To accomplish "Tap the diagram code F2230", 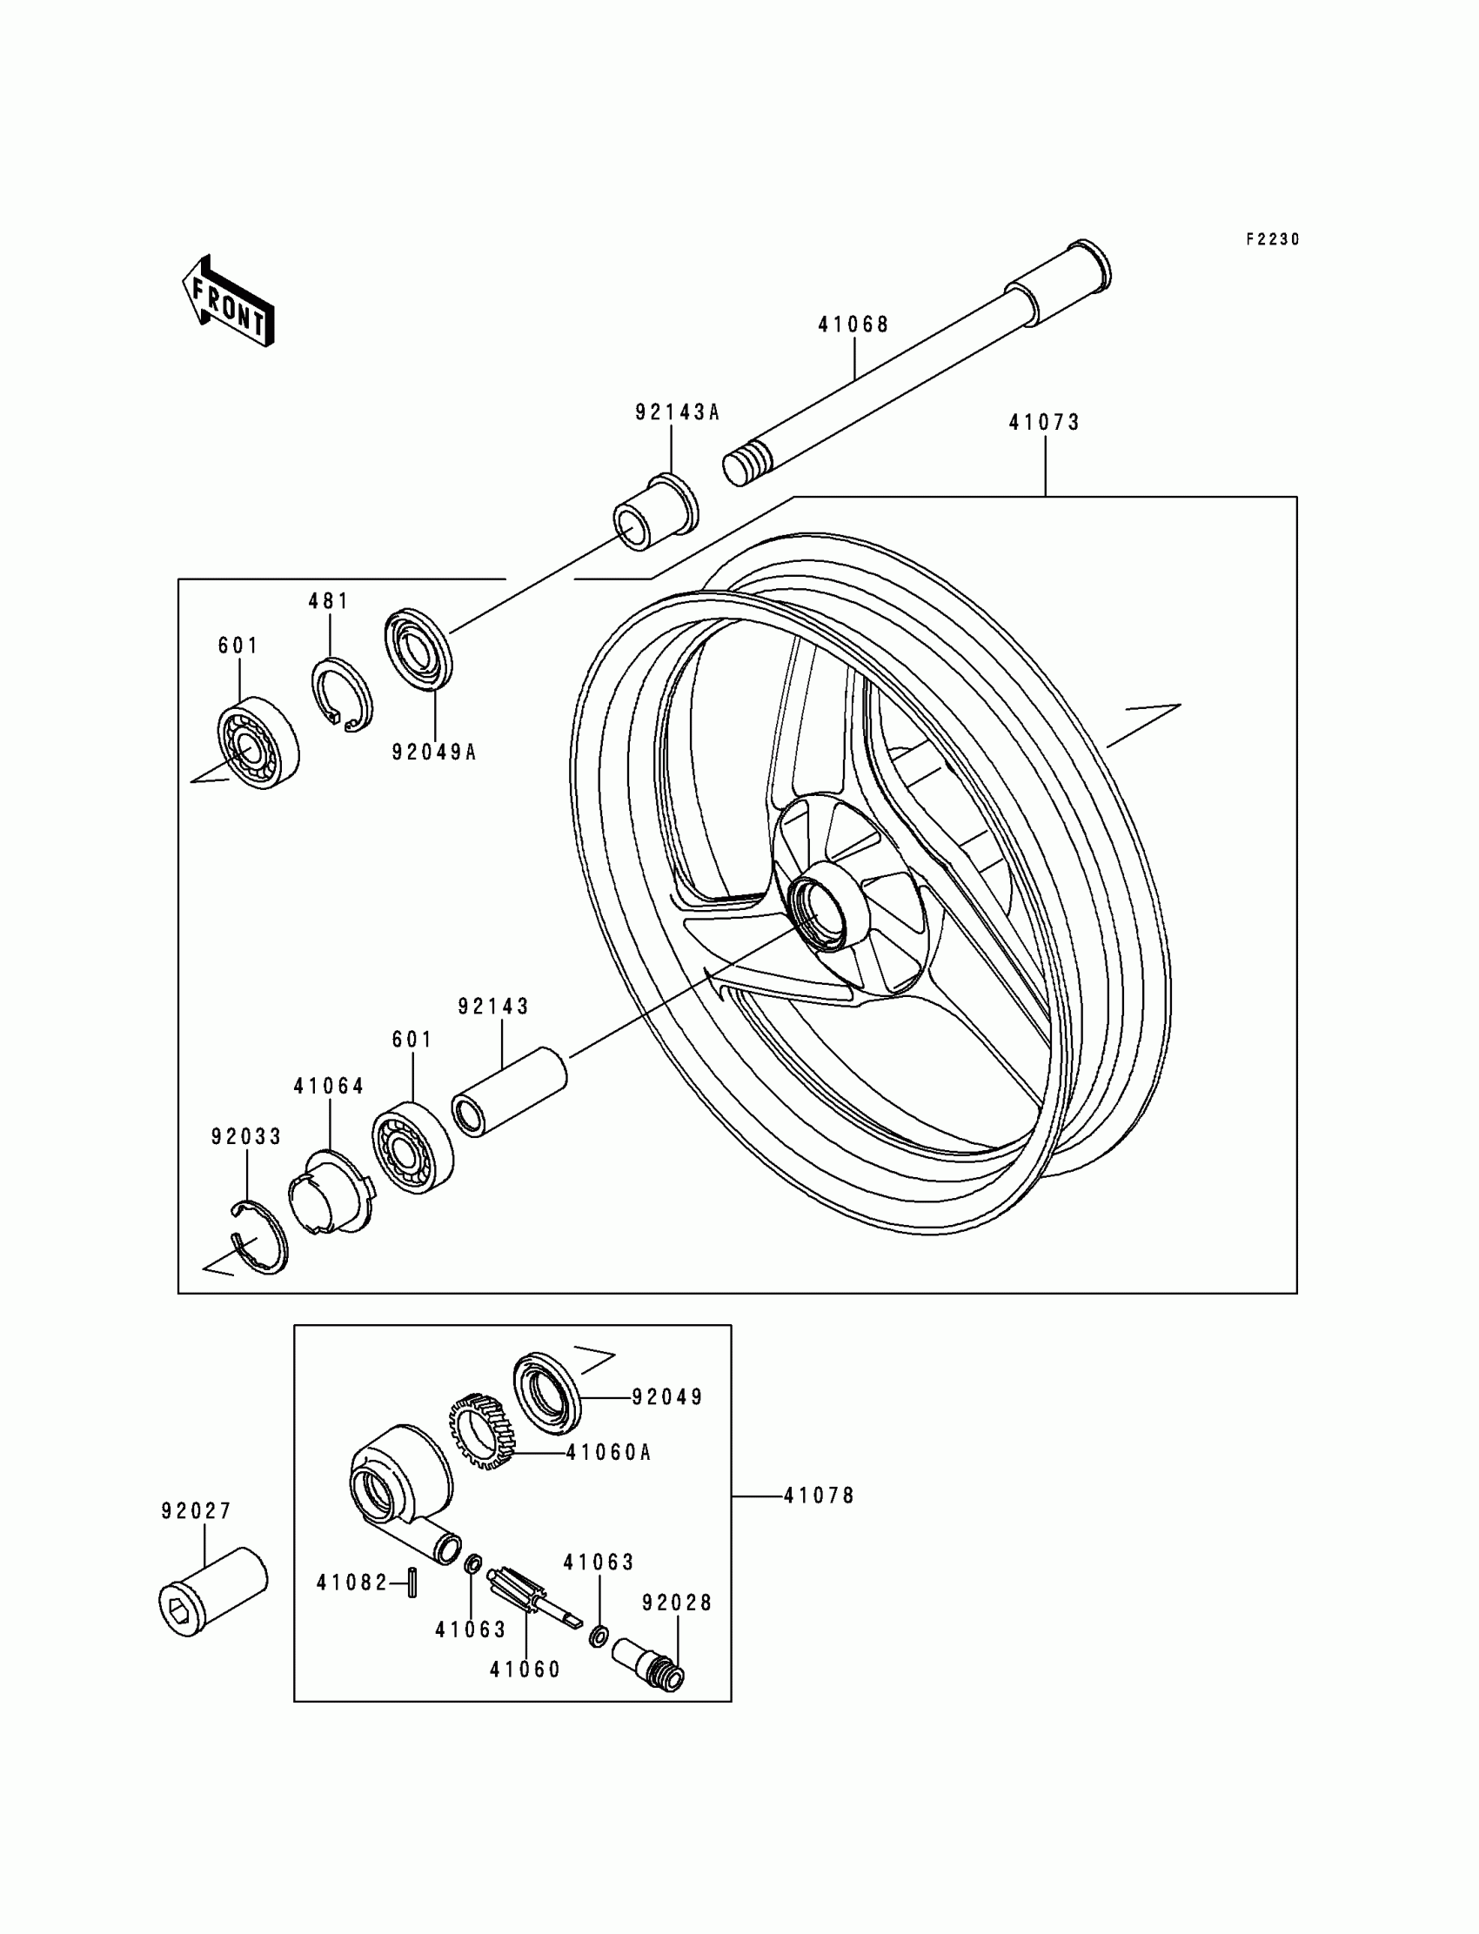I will click(1272, 239).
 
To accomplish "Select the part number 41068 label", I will click(853, 325).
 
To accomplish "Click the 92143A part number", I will click(677, 412).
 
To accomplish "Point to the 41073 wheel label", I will click(1044, 423).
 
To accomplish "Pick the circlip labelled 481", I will click(342, 695).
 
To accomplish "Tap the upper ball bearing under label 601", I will click(258, 742).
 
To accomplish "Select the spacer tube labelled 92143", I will click(510, 1092).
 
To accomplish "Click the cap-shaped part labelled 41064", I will click(330, 1192).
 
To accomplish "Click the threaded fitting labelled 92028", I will click(649, 1661).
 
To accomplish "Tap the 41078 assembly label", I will click(819, 1496).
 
